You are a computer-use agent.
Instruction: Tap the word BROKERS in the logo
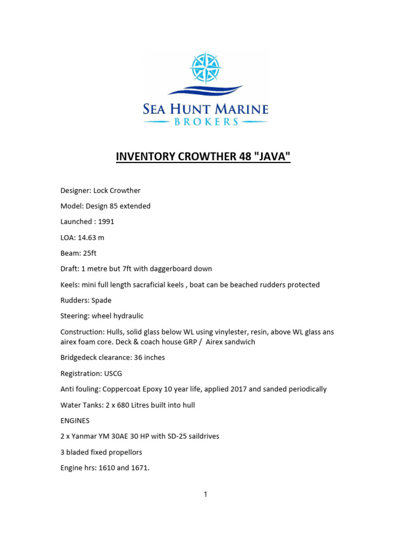(205, 122)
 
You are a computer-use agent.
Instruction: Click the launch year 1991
(106, 221)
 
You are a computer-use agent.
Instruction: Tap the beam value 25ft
(88, 253)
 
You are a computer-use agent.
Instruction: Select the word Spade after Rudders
(102, 300)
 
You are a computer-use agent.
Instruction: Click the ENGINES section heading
(75, 421)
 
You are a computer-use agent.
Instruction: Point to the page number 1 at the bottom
(205, 494)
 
